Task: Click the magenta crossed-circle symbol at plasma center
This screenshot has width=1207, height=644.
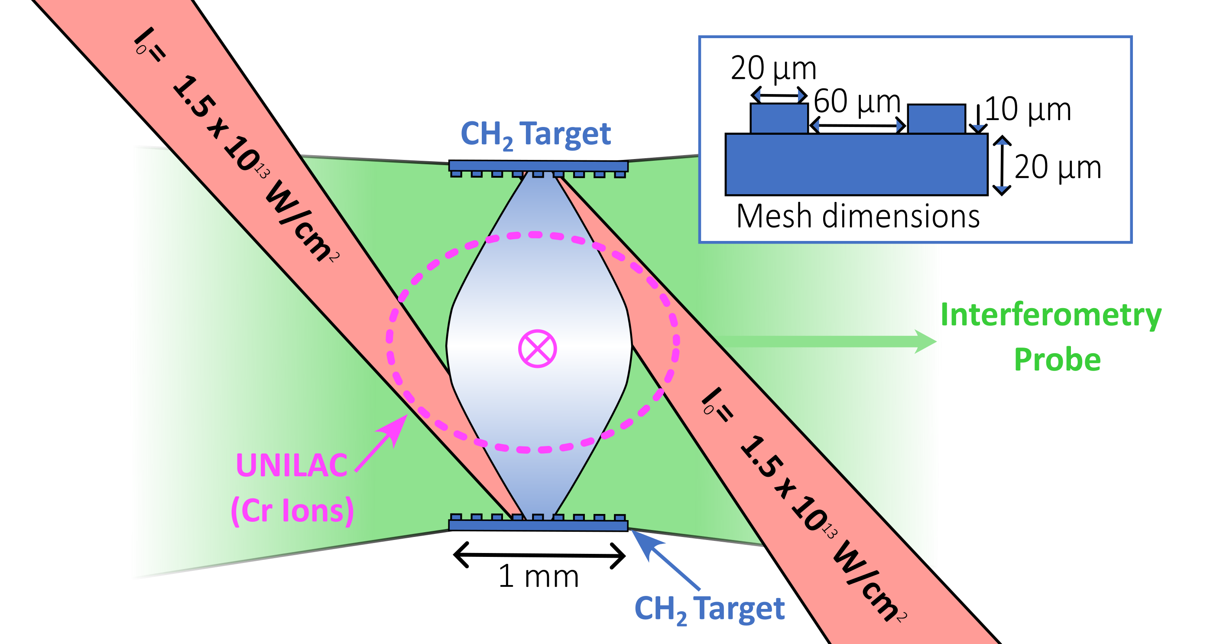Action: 538,349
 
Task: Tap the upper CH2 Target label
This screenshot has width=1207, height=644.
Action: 535,134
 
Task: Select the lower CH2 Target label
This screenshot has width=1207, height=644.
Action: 709,609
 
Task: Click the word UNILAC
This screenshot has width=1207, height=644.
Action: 291,465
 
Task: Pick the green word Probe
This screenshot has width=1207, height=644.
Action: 1057,360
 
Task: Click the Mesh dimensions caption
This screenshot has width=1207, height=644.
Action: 858,217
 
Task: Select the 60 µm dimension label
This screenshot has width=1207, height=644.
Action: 857,101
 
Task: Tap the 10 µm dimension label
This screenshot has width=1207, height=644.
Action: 1028,109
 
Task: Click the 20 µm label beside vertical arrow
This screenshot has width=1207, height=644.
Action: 1058,167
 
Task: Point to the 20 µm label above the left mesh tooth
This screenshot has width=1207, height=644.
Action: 774,68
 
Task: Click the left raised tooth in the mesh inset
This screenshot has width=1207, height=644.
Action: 779,119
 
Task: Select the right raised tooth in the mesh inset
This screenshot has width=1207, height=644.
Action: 936,119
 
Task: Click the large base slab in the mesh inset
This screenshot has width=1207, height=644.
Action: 856,164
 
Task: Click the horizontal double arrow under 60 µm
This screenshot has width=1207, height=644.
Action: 857,126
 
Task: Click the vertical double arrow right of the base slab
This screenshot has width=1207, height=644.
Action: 1001,165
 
